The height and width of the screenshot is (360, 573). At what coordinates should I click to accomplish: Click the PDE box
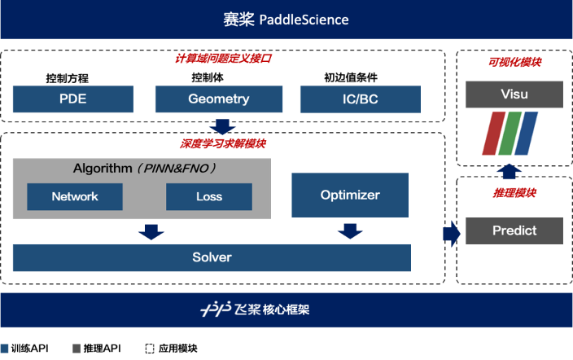click(73, 99)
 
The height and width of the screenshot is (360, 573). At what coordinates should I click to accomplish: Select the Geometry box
click(218, 99)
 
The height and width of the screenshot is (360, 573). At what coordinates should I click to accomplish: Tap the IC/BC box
click(360, 99)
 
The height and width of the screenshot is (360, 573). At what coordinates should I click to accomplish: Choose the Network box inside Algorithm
click(75, 196)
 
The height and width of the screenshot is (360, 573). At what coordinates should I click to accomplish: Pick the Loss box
click(209, 196)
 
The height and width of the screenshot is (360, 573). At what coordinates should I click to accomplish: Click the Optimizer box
click(350, 195)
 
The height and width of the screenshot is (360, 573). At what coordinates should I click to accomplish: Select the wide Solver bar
click(212, 257)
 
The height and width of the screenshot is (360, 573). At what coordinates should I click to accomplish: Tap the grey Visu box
click(514, 94)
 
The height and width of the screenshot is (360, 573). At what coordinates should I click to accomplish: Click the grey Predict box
click(514, 230)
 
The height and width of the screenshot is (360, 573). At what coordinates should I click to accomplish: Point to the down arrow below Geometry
click(221, 126)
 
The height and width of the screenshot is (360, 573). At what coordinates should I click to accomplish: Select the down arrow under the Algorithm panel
click(150, 231)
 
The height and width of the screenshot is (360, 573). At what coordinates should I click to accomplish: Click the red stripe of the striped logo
click(492, 133)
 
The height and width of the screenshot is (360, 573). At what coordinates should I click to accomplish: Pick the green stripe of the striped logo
click(510, 133)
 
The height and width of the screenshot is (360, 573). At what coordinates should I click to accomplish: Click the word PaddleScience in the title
click(304, 20)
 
